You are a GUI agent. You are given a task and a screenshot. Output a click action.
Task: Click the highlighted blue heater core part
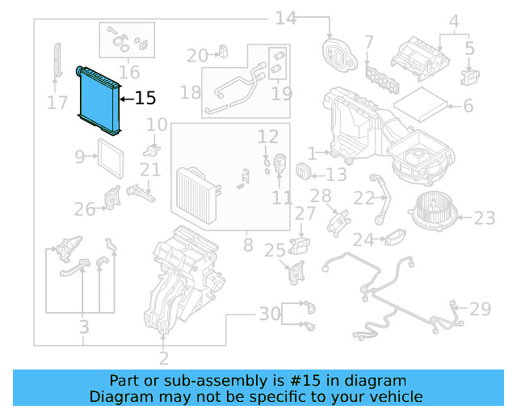click(100, 99)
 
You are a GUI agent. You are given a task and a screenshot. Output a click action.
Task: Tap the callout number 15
click(145, 99)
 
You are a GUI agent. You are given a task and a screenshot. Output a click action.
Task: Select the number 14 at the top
click(286, 18)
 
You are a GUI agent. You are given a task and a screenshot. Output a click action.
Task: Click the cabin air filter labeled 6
click(422, 104)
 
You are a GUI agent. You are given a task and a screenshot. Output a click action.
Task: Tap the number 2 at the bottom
click(163, 358)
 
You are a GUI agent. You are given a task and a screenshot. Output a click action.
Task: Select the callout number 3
click(83, 327)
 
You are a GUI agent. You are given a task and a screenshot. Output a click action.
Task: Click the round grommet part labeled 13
click(305, 171)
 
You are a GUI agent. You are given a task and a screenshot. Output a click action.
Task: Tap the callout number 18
click(191, 92)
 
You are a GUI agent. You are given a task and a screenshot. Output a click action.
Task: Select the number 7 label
click(368, 41)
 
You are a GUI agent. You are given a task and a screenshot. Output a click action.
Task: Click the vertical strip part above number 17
click(57, 59)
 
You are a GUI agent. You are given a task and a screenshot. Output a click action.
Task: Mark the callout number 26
click(85, 209)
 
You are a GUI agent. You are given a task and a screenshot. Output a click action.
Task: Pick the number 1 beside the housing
click(313, 152)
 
